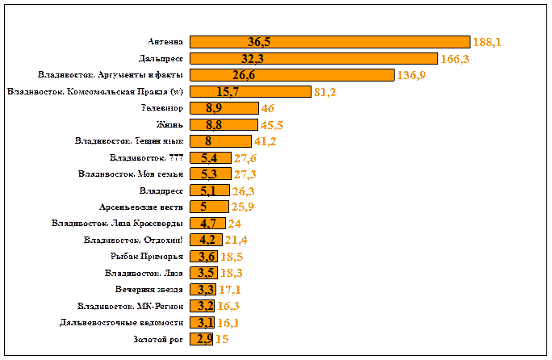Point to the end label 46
tap(269, 108)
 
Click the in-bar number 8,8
tap(214, 125)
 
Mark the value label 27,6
tap(233, 158)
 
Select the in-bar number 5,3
tap(207, 174)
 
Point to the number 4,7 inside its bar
tap(206, 224)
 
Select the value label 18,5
tap(232, 257)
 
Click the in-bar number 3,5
tap(205, 273)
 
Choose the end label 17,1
tap(229, 290)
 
